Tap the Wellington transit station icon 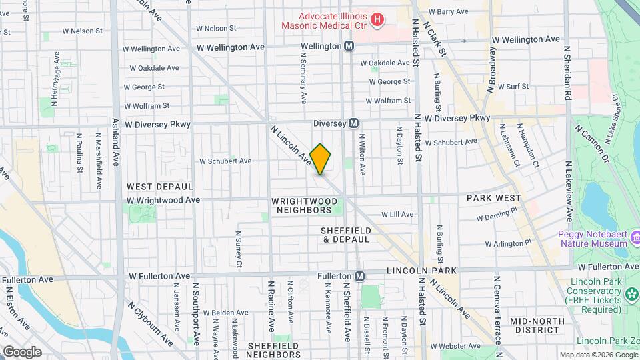tap(349, 46)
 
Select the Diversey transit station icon tap(353, 123)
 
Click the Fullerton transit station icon tap(359, 276)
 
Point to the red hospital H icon tap(377, 20)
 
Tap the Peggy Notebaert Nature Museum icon tap(635, 237)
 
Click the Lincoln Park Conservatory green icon tap(631, 293)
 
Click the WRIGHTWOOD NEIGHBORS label tap(301, 205)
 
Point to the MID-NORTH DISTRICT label tap(538, 326)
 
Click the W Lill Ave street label tap(397, 215)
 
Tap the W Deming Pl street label tap(497, 214)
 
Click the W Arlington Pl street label tap(508, 243)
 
